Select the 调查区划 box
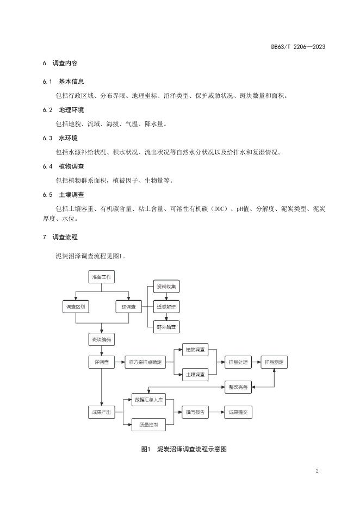point(75,307)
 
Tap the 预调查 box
point(129,307)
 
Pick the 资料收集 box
point(166,287)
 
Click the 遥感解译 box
point(166,307)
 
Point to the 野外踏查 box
point(166,327)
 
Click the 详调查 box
point(102,362)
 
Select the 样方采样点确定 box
point(146,362)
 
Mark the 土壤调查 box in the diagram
point(195,375)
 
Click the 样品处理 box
point(238,362)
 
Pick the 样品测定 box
point(275,362)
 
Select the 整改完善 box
point(238,388)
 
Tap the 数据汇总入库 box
point(148,400)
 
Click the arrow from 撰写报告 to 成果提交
point(217,413)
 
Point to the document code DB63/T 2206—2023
point(298,47)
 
